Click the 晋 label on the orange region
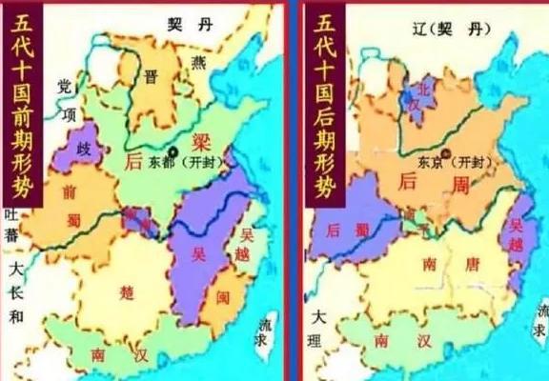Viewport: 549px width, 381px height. pyautogui.click(x=150, y=79)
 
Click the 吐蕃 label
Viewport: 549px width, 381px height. pyautogui.click(x=11, y=227)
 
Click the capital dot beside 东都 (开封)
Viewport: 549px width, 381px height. pyautogui.click(x=173, y=151)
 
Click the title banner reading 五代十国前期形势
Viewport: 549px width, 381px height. pyautogui.click(x=18, y=105)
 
